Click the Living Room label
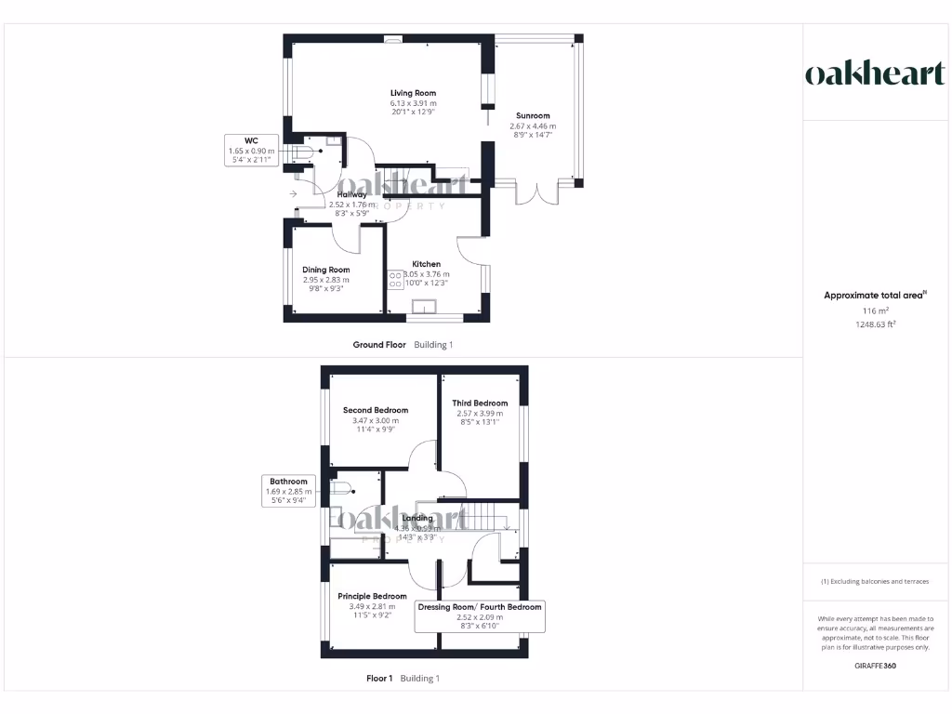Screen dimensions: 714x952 pos(413,93)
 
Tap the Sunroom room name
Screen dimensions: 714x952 pos(533,116)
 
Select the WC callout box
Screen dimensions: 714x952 pos(251,150)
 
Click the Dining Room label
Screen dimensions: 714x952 pos(325,270)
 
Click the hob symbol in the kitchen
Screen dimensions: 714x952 pos(395,281)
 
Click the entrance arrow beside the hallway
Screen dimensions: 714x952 pos(293,193)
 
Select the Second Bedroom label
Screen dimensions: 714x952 pos(375,410)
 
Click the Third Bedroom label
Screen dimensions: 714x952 pos(480,403)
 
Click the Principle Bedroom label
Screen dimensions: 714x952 pos(372,596)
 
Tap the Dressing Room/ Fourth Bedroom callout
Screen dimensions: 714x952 pos(480,615)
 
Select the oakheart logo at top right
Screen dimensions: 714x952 pos(874,73)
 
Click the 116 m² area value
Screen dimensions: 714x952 pos(875,311)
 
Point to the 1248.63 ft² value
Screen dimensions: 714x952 pos(875,324)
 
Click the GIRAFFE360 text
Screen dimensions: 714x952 pos(875,666)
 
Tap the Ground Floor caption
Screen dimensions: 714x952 pos(379,345)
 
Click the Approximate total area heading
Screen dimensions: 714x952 pos(874,296)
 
